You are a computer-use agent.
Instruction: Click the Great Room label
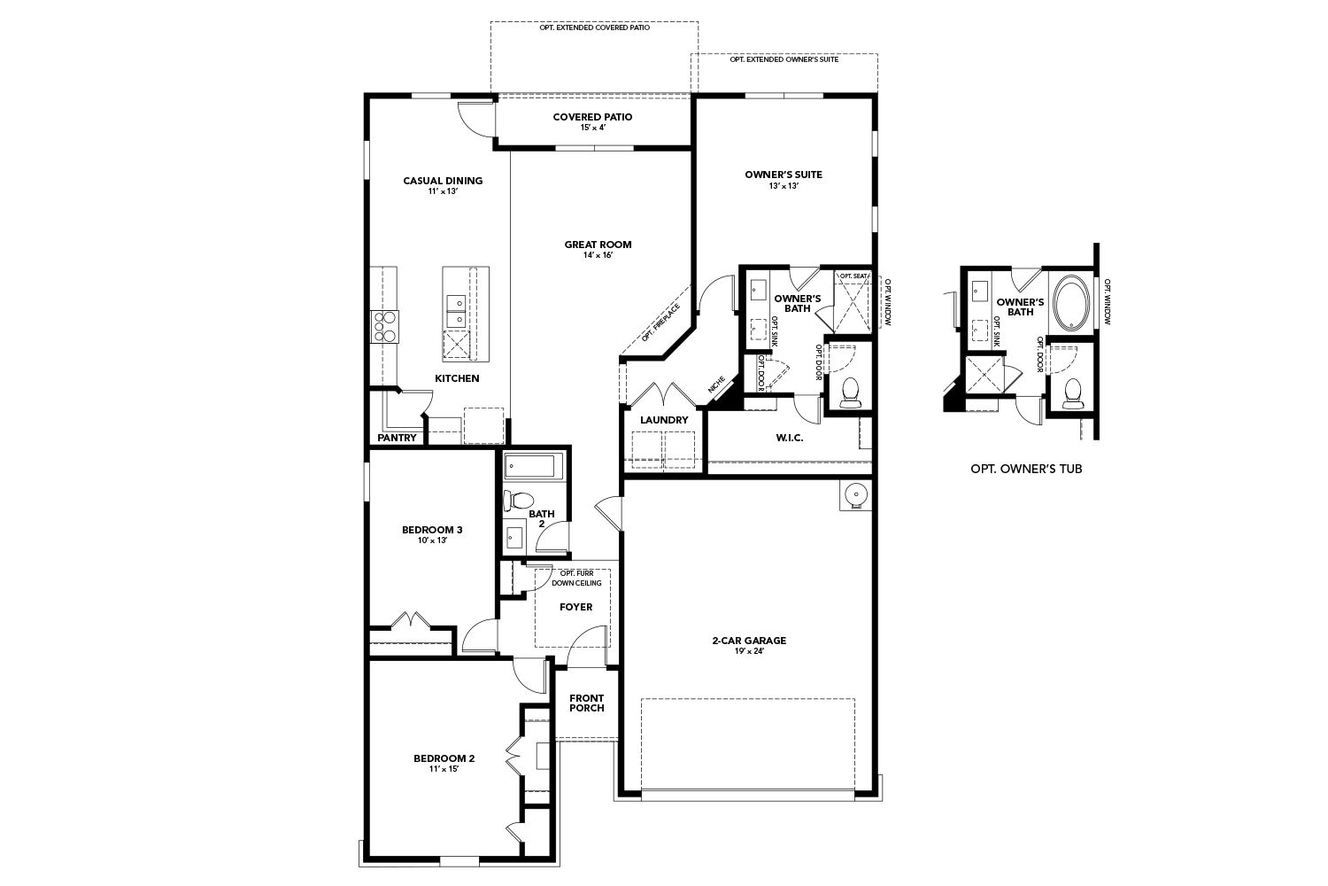(598, 245)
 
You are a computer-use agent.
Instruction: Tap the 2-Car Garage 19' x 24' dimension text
(749, 651)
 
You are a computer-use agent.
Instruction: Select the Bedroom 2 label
(444, 758)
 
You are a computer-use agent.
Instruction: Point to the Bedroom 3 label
(432, 530)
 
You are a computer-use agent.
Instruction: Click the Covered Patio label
(592, 117)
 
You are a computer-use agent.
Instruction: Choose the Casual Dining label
(443, 181)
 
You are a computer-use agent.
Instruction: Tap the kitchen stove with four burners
(384, 326)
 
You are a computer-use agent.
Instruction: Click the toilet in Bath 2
(518, 501)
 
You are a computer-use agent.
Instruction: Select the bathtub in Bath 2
(534, 466)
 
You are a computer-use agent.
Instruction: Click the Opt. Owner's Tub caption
(1026, 469)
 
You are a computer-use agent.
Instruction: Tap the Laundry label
(664, 420)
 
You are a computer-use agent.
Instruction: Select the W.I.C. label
(790, 438)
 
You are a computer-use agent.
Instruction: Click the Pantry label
(397, 438)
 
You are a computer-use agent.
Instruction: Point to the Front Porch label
(587, 703)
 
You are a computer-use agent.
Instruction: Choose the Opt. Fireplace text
(661, 323)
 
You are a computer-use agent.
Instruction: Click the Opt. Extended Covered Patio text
(594, 27)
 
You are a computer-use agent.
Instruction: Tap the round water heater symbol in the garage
(855, 494)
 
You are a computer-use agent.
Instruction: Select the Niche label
(716, 385)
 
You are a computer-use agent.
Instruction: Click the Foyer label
(575, 607)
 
